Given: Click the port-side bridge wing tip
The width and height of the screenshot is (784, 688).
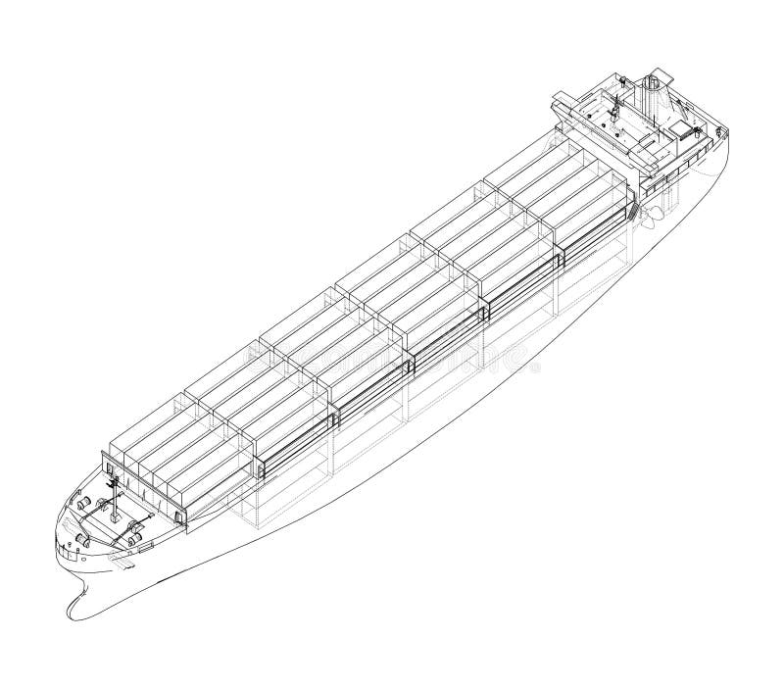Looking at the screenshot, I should [556, 95].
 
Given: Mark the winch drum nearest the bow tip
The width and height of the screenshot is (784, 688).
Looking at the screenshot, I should [80, 540].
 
